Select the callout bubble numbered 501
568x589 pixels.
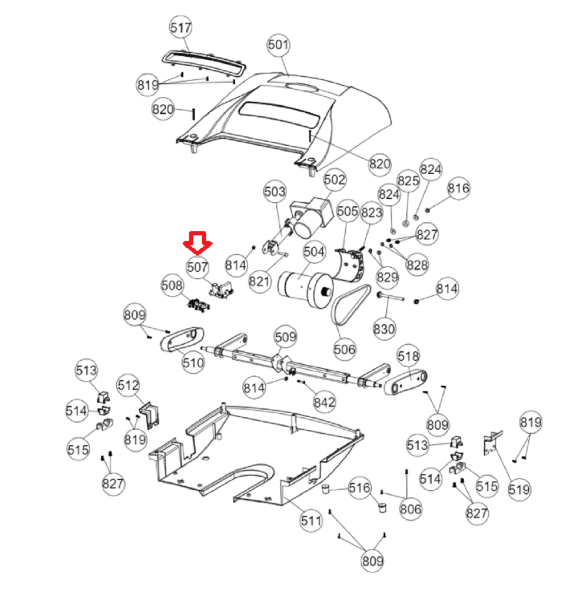pyautogui.click(x=278, y=45)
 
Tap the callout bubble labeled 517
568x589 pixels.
pyautogui.click(x=180, y=27)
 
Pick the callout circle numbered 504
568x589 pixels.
pyautogui.click(x=314, y=252)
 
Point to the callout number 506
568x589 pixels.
pyautogui.click(x=344, y=350)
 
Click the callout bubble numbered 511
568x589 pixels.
pyautogui.click(x=311, y=521)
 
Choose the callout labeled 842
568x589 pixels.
pyautogui.click(x=324, y=402)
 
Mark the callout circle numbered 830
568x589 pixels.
pyautogui.click(x=384, y=329)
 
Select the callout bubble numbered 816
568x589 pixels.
pyautogui.click(x=459, y=188)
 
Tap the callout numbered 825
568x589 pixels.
pyautogui.click(x=408, y=180)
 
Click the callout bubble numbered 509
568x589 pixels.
pyautogui.click(x=286, y=337)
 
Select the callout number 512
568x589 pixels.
pyautogui.click(x=128, y=385)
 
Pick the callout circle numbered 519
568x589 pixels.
pyautogui.click(x=519, y=490)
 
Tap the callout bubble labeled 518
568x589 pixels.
pyautogui.click(x=408, y=356)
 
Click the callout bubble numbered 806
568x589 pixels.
pyautogui.click(x=411, y=509)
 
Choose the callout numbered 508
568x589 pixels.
pyautogui.click(x=172, y=285)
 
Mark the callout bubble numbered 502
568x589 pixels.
pyautogui.click(x=334, y=179)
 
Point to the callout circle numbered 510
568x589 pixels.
pyautogui.click(x=193, y=363)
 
